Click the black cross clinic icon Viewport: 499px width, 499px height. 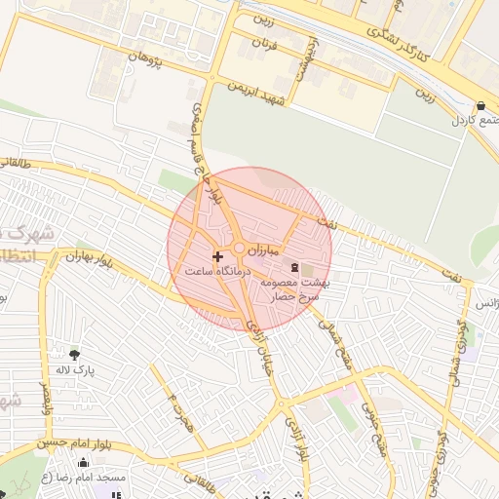216,256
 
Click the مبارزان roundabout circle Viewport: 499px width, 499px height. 239,249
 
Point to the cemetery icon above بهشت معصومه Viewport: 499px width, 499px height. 294,267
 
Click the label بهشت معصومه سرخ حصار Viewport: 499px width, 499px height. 295,288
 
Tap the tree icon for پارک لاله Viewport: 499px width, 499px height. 75,355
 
